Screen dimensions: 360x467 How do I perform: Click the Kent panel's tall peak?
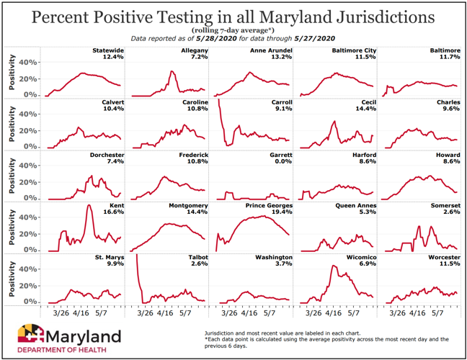(89, 207)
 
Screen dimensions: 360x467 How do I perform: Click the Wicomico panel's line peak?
(334, 266)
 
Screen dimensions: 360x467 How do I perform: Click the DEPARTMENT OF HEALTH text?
(62, 350)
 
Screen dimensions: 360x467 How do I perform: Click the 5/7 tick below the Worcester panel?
(435, 314)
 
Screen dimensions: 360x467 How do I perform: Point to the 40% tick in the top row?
(28, 62)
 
